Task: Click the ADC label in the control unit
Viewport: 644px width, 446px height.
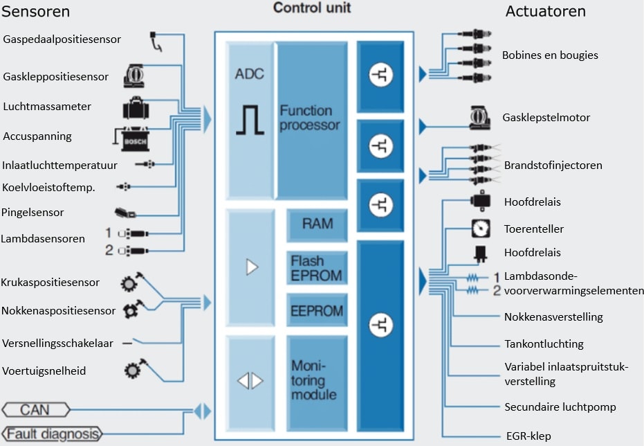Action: click(x=250, y=73)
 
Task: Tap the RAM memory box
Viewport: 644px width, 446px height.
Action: click(x=317, y=224)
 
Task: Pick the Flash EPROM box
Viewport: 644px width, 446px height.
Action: click(x=317, y=268)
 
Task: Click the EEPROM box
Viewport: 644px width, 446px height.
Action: click(x=317, y=311)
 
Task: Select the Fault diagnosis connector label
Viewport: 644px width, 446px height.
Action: click(x=53, y=434)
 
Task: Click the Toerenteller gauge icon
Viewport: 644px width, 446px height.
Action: click(x=481, y=228)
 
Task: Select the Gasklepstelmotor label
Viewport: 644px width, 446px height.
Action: click(x=546, y=118)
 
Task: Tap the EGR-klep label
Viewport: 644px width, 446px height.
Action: click(x=528, y=436)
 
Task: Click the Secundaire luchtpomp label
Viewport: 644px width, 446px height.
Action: click(x=560, y=407)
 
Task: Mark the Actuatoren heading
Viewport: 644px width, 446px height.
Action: click(x=546, y=12)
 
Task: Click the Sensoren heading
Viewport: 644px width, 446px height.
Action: click(x=36, y=12)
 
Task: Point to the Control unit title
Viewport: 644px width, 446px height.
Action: click(x=312, y=8)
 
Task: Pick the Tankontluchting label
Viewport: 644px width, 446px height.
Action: click(x=544, y=344)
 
